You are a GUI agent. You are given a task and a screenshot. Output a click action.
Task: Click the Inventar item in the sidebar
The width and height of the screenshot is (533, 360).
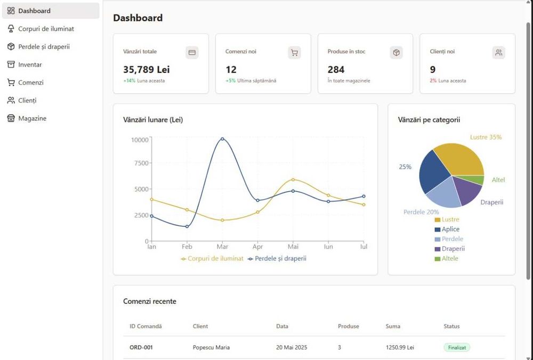coord(30,64)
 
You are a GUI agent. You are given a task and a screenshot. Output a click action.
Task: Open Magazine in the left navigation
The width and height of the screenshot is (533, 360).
coord(32,118)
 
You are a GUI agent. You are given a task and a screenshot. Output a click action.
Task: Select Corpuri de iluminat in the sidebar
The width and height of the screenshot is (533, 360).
coord(46,29)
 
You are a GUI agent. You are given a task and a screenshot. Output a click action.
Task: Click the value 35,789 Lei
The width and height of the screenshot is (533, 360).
coord(147,69)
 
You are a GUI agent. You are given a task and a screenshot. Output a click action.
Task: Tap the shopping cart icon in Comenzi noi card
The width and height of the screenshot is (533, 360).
coord(294,52)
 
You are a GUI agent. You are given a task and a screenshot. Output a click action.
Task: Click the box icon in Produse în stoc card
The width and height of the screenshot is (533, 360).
coord(396,52)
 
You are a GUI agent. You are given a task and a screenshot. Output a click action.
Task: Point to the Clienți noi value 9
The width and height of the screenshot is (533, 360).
coord(433,69)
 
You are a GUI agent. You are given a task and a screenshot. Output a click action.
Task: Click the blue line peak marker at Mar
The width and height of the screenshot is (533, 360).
coord(222,139)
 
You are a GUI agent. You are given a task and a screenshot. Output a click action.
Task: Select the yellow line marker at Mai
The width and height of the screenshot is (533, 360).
coord(293,179)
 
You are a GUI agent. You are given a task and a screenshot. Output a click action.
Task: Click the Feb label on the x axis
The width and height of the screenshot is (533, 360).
coord(187,247)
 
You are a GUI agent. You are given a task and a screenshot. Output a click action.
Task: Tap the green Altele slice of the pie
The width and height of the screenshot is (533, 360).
coord(479,180)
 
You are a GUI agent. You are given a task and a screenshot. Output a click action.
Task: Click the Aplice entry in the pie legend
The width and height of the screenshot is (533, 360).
coord(450,229)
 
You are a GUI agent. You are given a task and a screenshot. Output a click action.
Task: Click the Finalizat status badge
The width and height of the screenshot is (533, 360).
coord(457,347)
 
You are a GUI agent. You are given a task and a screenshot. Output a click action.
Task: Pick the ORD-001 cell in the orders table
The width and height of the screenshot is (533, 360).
coord(141,347)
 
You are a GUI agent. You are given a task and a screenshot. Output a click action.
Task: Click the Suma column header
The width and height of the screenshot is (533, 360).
coord(393,326)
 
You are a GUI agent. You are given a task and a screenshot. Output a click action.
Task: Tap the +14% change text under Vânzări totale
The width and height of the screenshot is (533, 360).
coord(129,80)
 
